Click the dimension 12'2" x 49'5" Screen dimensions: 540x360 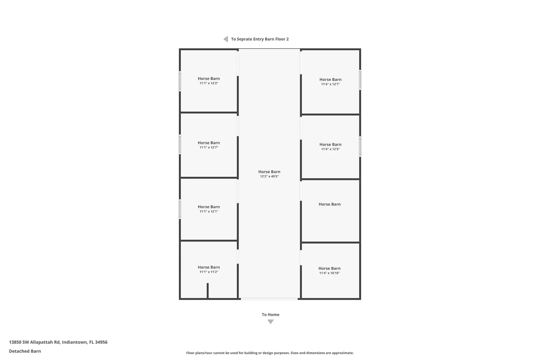[269, 176]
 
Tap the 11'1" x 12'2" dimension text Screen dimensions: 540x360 [209, 83]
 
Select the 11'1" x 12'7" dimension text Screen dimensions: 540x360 [209, 147]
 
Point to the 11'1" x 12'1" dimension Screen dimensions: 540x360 [209, 211]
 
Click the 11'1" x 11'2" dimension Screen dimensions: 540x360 [209, 272]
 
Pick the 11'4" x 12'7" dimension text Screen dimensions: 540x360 [330, 84]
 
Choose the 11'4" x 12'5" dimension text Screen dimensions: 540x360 [330, 149]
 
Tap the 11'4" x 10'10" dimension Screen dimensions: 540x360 [329, 273]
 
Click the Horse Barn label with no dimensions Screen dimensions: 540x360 [330, 204]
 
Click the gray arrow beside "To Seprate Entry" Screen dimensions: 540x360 [226, 39]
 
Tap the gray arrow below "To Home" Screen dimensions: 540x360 [270, 322]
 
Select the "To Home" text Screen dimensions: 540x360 [270, 314]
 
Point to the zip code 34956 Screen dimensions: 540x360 [101, 342]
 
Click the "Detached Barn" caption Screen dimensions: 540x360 [25, 351]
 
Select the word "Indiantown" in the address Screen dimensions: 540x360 [74, 342]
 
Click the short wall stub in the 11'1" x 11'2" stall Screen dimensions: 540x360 [208, 291]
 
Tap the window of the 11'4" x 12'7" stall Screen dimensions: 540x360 [360, 80]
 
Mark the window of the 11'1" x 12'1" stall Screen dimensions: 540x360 [180, 209]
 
